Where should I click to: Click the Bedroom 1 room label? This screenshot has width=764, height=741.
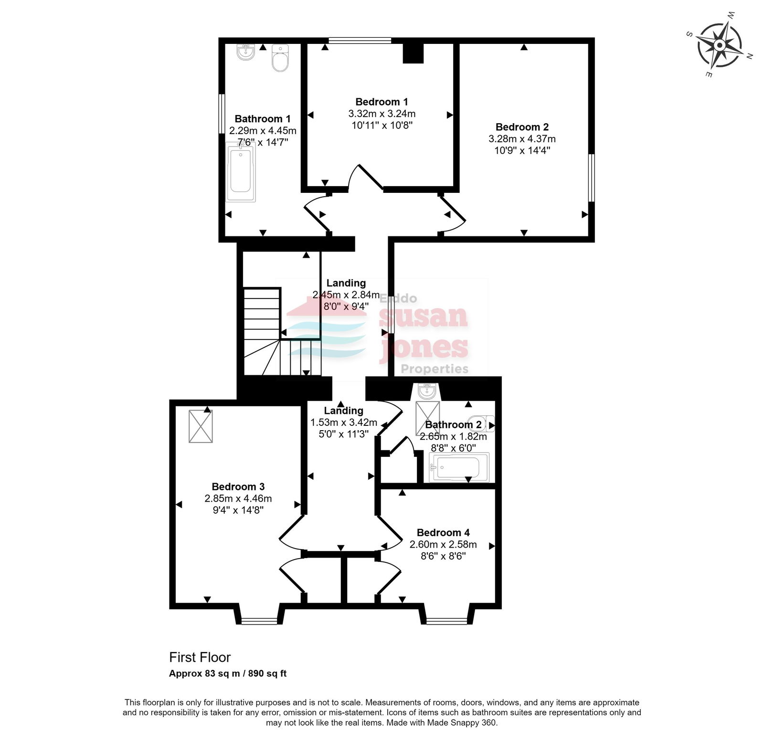click(382, 102)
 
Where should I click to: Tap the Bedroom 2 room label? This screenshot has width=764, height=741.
click(522, 127)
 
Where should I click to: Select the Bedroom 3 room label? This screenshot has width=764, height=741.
click(238, 487)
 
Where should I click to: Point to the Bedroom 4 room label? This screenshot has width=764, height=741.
click(443, 532)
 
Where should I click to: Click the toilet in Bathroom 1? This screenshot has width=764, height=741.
click(280, 58)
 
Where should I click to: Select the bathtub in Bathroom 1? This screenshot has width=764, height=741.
click(241, 172)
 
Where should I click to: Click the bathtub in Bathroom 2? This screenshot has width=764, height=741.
click(459, 467)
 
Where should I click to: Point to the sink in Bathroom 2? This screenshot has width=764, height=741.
click(426, 392)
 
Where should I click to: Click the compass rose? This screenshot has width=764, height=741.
click(720, 45)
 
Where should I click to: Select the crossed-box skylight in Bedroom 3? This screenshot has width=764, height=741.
click(201, 426)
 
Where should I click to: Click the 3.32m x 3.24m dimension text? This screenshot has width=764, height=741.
click(382, 114)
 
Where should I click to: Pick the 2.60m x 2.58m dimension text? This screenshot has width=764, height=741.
click(443, 544)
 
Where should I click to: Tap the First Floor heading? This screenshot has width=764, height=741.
click(200, 657)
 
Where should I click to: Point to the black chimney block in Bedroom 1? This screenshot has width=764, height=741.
click(414, 53)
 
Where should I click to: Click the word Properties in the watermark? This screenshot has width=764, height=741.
click(435, 369)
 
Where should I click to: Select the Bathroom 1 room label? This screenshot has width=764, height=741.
click(263, 119)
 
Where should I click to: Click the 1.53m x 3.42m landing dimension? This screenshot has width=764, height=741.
click(344, 423)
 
